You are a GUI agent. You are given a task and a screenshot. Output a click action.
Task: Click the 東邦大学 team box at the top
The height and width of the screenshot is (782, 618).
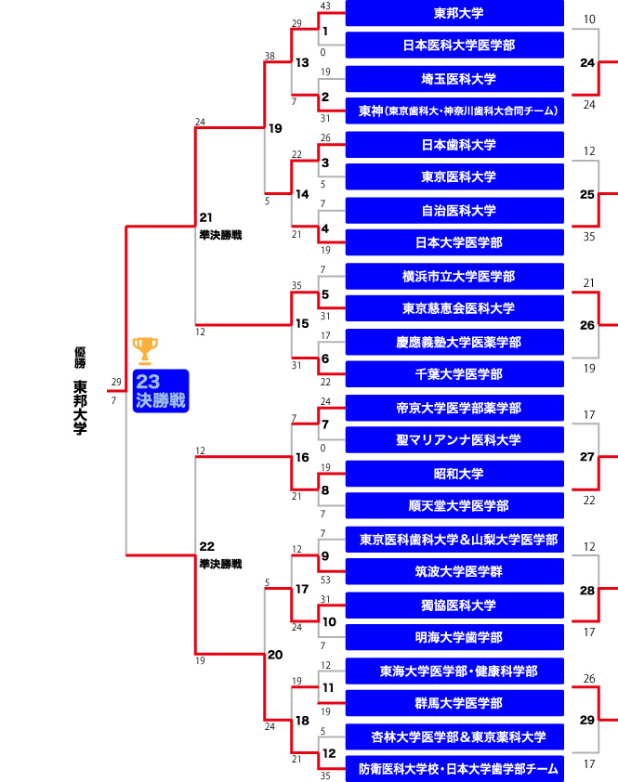[454, 14]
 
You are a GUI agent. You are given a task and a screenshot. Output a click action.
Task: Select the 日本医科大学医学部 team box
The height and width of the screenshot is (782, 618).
[454, 45]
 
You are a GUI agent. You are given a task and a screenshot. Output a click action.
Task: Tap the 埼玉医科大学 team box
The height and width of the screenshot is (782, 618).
[454, 79]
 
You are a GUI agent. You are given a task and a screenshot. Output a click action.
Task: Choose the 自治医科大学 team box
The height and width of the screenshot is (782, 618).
[454, 210]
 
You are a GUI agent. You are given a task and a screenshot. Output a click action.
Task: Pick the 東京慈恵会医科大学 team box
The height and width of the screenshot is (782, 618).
[454, 307]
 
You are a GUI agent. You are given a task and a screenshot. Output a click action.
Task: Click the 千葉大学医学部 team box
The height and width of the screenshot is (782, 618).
[454, 373]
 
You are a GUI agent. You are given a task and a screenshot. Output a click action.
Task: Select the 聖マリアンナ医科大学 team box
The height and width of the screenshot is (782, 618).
[454, 439]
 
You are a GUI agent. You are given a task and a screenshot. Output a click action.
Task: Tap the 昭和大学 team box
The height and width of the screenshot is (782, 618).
[454, 473]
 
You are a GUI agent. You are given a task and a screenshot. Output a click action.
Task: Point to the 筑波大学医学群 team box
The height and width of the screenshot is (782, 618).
[454, 570]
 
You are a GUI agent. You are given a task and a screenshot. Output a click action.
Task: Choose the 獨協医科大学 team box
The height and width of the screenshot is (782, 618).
[454, 605]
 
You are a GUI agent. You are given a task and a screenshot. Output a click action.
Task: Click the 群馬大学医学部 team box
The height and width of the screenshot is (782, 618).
[454, 702]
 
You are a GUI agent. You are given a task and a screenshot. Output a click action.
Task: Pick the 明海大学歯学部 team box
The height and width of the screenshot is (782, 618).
[454, 637]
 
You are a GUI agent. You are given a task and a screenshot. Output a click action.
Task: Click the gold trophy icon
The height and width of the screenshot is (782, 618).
[145, 350]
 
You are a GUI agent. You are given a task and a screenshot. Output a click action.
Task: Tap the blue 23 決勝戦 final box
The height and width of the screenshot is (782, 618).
[160, 391]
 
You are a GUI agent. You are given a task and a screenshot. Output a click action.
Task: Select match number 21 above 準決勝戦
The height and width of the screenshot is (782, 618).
[206, 216]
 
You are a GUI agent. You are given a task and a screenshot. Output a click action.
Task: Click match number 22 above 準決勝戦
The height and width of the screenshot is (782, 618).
[206, 545]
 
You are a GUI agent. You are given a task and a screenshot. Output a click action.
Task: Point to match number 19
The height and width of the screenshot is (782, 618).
[275, 128]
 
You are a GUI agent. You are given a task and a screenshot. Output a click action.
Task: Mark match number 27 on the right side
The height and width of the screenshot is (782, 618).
[586, 457]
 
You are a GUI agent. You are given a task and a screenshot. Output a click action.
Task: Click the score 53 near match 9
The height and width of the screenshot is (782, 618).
[325, 580]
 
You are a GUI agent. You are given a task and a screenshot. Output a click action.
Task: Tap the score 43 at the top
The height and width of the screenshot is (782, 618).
[325, 7]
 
